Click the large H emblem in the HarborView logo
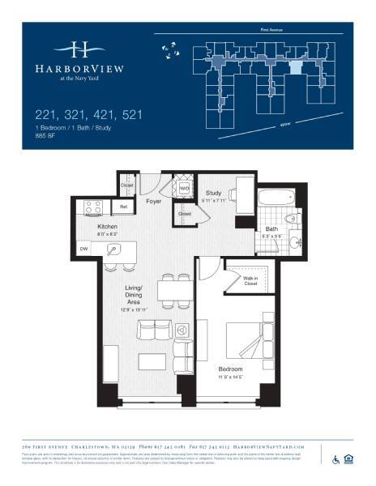point(79,49)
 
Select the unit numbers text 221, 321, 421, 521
point(88,115)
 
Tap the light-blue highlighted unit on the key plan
point(297,69)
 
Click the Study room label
point(215,192)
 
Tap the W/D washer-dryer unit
point(184,189)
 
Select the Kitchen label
point(109,227)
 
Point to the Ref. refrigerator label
point(124,208)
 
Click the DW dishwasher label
point(83,249)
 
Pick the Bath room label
point(272,229)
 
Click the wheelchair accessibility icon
point(335,460)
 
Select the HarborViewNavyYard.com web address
point(267,446)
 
